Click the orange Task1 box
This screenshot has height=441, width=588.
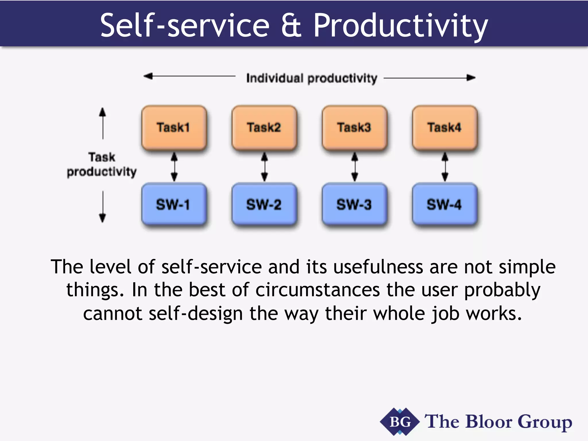pos(174,128)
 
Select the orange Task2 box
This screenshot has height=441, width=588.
pos(264,128)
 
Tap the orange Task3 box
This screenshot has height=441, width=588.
pos(355,128)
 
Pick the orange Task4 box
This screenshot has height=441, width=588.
pos(445,128)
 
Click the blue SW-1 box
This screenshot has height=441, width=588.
pos(174,204)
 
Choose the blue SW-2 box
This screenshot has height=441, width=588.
pos(264,204)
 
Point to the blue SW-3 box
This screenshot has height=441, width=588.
pos(355,204)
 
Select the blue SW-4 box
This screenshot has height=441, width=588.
pos(445,204)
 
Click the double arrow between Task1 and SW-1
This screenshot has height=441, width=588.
pos(174,167)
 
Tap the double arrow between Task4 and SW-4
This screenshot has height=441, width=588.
pos(445,167)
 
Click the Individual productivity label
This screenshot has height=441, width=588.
pos(312,78)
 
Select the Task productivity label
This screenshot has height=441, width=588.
pos(102,165)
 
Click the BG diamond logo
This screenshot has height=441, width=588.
pos(400,422)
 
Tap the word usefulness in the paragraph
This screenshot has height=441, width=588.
pos(378,267)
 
